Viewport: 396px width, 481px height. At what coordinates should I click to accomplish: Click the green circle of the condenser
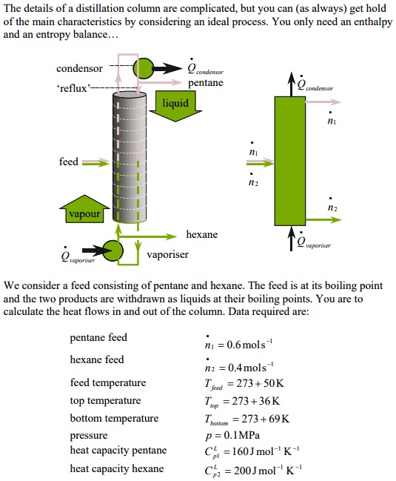click(143, 64)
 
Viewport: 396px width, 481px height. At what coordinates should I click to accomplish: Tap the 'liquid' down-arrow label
click(176, 104)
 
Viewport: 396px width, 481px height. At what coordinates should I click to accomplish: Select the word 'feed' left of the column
click(69, 162)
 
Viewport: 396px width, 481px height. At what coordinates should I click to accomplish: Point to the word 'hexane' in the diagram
click(201, 234)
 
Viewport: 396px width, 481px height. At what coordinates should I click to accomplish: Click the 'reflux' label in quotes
click(72, 88)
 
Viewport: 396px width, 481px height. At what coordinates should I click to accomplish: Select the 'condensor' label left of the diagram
click(79, 69)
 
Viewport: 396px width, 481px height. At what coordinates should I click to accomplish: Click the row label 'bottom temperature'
click(114, 419)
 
